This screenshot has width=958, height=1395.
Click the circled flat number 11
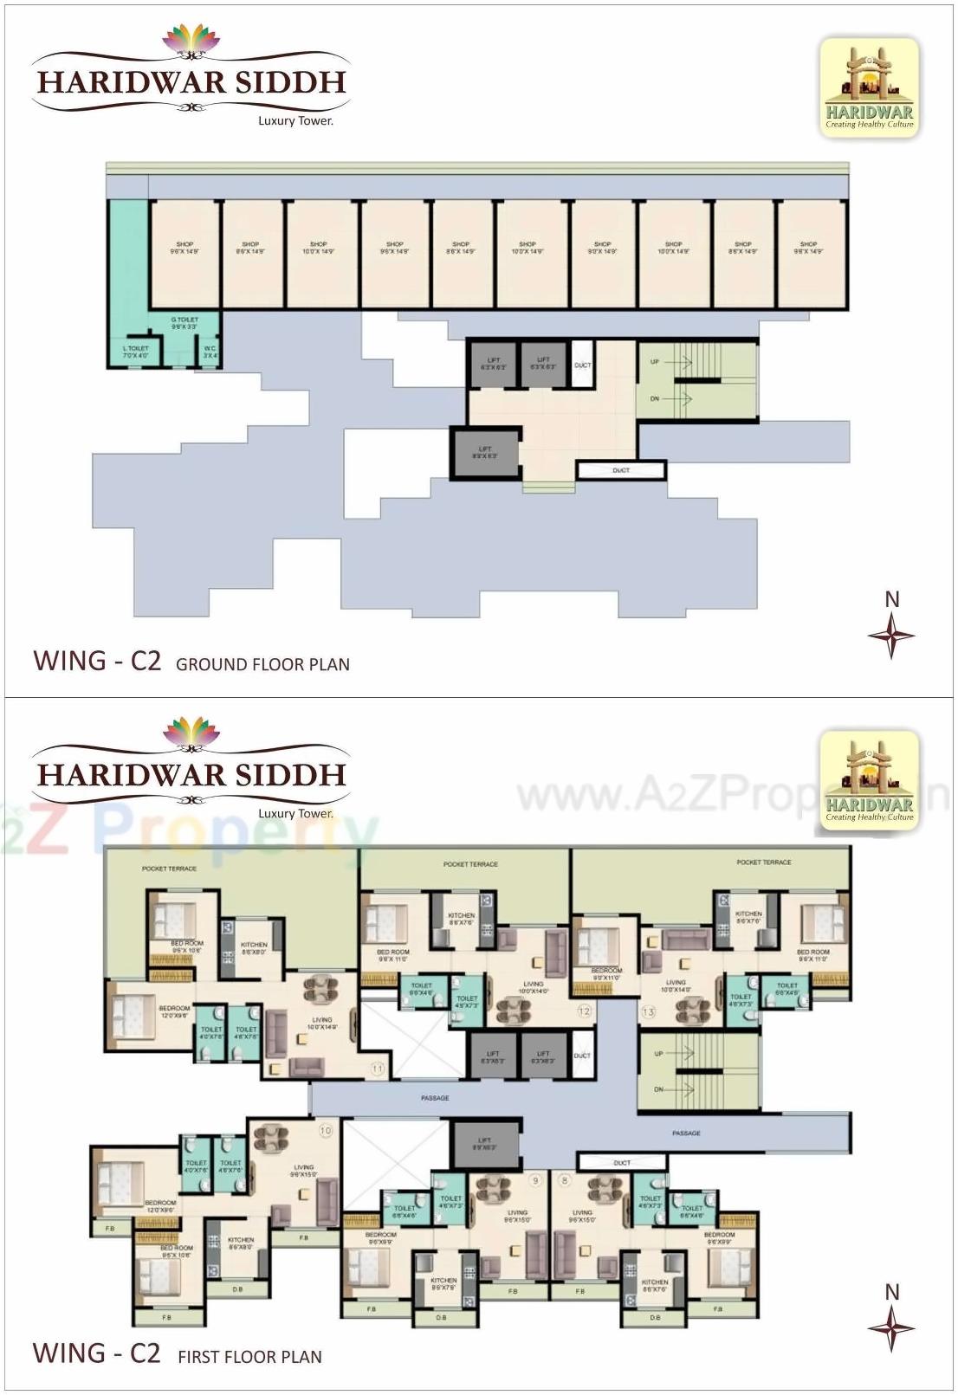tap(378, 1069)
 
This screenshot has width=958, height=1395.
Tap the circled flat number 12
tap(585, 1011)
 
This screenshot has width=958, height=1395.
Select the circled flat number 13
tap(649, 1011)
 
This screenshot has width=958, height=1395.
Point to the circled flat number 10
tap(326, 1130)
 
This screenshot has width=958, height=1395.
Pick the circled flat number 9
tap(536, 1180)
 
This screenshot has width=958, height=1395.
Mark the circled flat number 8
tap(566, 1180)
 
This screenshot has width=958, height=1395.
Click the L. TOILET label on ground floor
tap(136, 352)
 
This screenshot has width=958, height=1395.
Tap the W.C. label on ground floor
tap(210, 352)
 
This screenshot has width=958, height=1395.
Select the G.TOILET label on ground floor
tap(184, 323)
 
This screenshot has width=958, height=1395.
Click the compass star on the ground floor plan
tap(891, 635)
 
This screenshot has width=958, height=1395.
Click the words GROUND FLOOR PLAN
tap(262, 665)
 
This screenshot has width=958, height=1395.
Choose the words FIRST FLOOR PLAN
tap(249, 1357)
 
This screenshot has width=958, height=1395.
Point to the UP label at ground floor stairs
tap(655, 362)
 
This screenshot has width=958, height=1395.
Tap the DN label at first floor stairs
tap(659, 1089)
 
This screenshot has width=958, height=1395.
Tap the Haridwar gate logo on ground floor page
tap(869, 87)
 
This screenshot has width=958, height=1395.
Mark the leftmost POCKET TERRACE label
tap(170, 869)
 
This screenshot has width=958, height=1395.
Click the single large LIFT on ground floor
tap(485, 452)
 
